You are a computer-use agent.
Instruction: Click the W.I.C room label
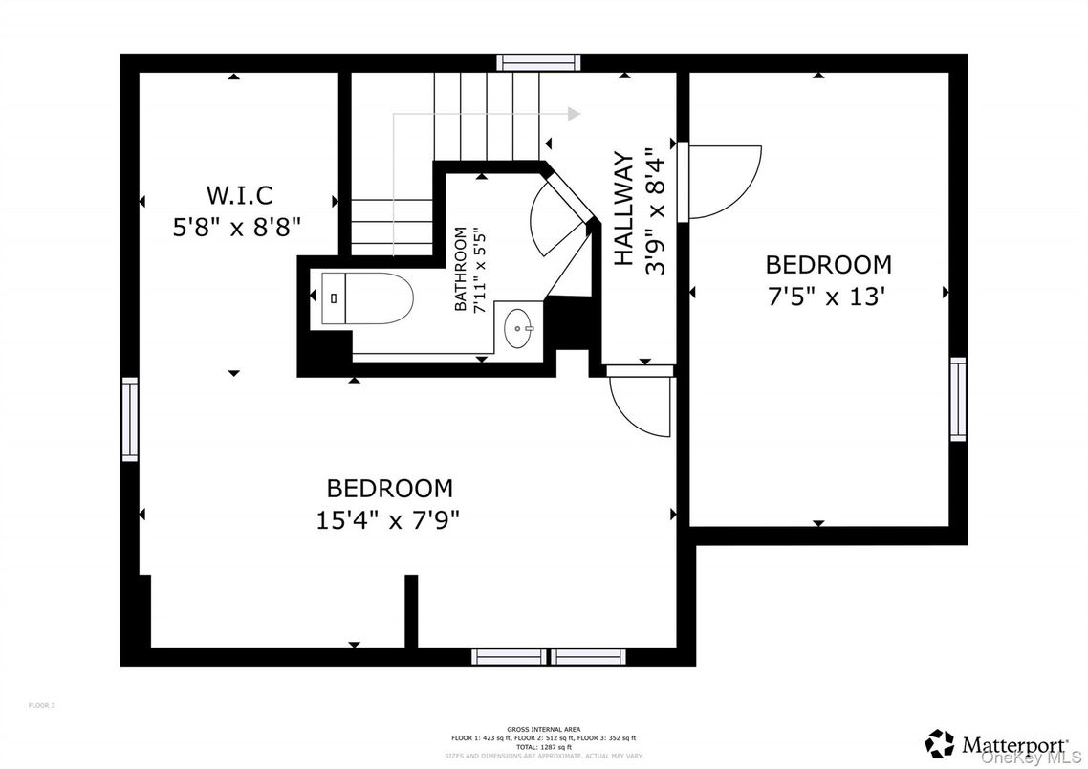(239, 196)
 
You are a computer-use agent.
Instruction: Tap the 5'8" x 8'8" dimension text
(239, 227)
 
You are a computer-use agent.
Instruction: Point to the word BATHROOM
(461, 270)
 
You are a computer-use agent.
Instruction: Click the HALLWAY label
(623, 209)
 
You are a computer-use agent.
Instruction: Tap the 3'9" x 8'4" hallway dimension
(654, 211)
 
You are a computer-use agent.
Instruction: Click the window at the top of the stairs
(538, 63)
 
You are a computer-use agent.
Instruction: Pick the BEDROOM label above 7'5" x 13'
(828, 264)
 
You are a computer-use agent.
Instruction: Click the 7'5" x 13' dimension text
(828, 297)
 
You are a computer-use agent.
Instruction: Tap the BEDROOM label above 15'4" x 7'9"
(389, 489)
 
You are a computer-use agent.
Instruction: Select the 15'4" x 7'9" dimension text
(389, 520)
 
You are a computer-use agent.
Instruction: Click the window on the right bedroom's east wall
(957, 399)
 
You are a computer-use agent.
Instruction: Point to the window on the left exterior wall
(129, 419)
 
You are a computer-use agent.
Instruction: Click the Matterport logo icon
(940, 743)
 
